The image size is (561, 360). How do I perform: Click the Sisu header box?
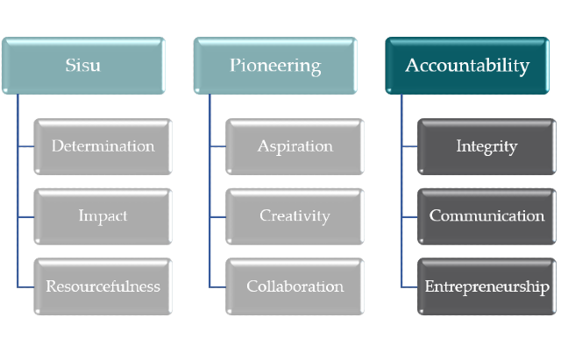pos(83,66)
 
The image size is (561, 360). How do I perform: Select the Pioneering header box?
pos(275,66)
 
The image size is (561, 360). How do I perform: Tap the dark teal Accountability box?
pos(467,66)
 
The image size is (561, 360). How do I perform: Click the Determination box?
pos(103,146)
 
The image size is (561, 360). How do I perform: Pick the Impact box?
pos(103,216)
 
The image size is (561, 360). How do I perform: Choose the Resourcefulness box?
pos(103,286)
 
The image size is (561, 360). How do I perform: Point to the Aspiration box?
pos(295,146)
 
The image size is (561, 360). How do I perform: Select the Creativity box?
pos(295,216)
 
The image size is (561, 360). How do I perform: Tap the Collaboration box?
pos(295,286)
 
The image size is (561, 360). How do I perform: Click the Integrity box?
pos(486,146)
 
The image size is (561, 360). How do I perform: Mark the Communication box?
pos(486,216)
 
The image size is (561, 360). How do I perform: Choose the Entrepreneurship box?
pos(486,286)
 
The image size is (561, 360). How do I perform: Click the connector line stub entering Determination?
pos(25,146)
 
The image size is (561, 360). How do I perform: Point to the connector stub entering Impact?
pos(25,217)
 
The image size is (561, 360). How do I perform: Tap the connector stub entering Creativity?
pos(217,217)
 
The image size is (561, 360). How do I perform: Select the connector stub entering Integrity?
pos(409,146)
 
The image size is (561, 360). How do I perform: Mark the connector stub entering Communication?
pos(409,217)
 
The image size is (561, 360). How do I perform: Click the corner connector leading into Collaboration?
pos(209,286)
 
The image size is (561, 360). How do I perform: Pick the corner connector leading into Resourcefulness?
pos(18,286)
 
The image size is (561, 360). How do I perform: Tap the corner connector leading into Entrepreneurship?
pos(401,286)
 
